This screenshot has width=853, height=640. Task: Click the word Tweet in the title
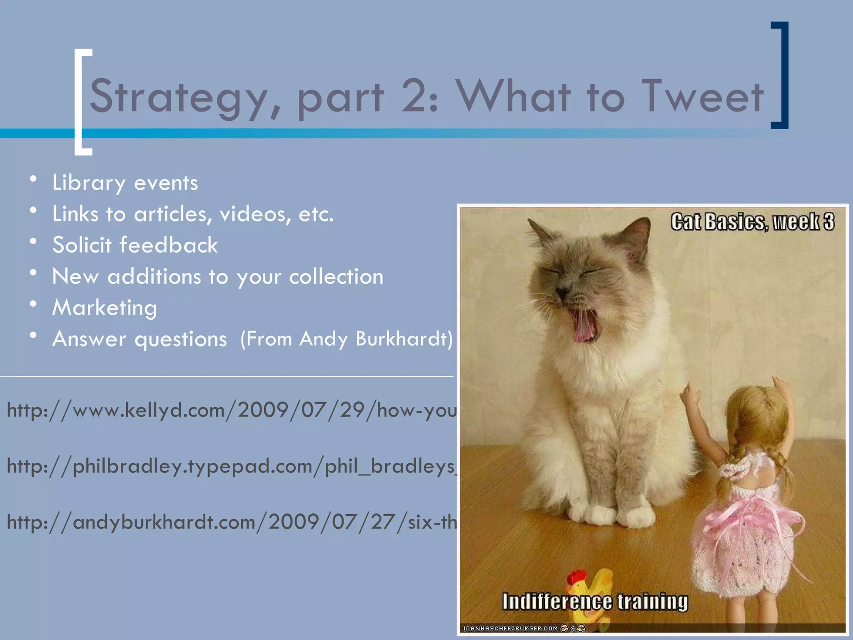702,97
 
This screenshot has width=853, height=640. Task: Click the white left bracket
82,102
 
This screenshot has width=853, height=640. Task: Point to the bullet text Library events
125,183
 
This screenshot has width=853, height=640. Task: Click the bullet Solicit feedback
135,245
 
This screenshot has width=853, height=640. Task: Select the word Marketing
105,308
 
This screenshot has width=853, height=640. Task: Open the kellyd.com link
232,410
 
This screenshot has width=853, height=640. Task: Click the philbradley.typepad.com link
232,466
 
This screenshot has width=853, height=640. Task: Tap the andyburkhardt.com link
232,522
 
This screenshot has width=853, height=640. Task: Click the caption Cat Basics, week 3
752,222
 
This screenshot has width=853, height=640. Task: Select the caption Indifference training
595,602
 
